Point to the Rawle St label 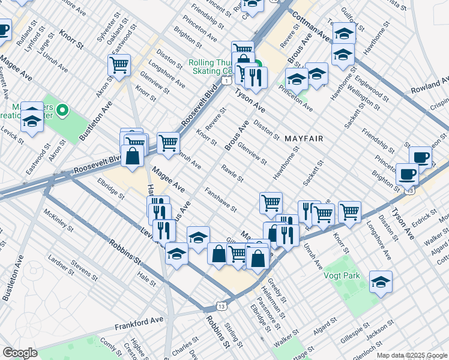pyautogui.click(x=232, y=174)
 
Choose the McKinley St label pyautogui.click(x=59, y=220)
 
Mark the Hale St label pyautogui.click(x=146, y=277)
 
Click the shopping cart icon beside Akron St pyautogui.click(x=119, y=65)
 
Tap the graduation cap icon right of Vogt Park pyautogui.click(x=381, y=281)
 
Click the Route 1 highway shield pyautogui.click(x=225, y=80)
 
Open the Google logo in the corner pyautogui.click(x=20, y=353)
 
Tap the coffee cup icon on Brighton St pyautogui.click(x=407, y=174)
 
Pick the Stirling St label pyautogui.click(x=232, y=335)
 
